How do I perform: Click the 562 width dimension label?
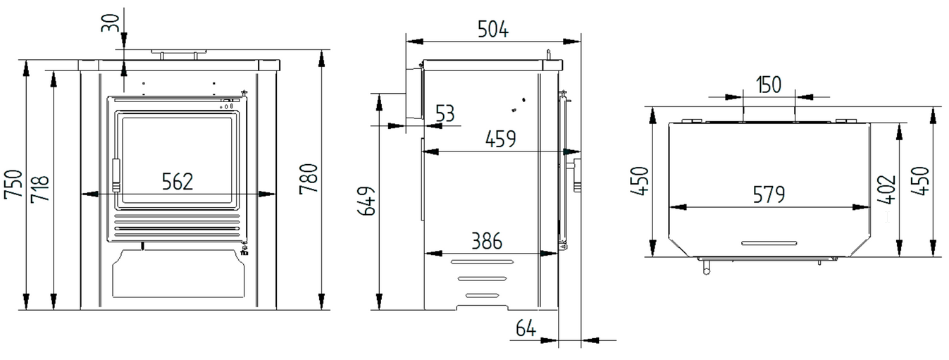178,182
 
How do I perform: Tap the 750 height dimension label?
13,185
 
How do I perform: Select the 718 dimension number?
40,188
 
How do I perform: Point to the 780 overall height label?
309,179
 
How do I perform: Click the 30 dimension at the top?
110,23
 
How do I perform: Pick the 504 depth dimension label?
493,29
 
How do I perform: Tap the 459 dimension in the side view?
501,139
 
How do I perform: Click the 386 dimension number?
487,241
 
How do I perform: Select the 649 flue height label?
367,201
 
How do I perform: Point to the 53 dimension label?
445,113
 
